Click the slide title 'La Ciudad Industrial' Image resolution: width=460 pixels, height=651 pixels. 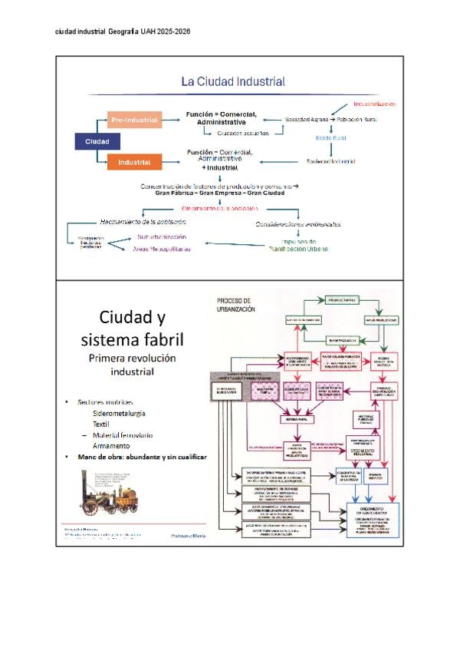click(x=232, y=81)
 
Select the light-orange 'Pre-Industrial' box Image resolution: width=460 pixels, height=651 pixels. click(x=134, y=120)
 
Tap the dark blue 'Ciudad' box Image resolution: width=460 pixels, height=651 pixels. click(x=97, y=142)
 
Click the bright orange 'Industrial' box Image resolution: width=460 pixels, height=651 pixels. click(x=134, y=162)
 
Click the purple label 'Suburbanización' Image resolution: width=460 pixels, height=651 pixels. click(x=163, y=238)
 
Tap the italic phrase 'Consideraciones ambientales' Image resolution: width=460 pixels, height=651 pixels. click(x=298, y=224)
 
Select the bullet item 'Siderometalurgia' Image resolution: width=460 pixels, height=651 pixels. click(x=119, y=413)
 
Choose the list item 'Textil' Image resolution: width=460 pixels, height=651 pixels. click(x=101, y=424)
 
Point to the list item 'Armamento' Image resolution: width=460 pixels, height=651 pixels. click(x=112, y=445)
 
